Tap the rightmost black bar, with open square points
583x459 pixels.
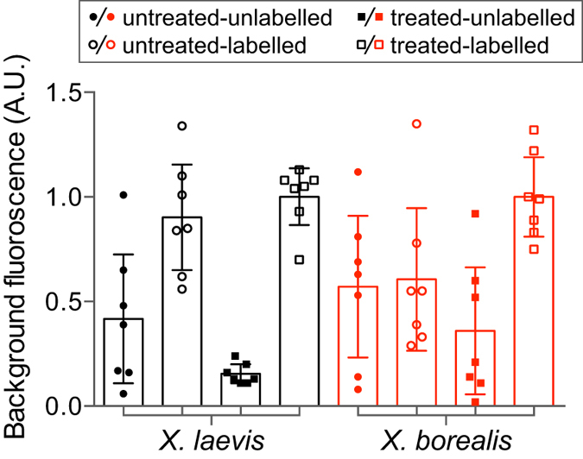click(x=300, y=301)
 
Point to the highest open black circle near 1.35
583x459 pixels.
click(x=181, y=126)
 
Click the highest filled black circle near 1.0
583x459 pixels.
click(x=124, y=195)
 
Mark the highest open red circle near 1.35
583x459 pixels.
click(x=415, y=123)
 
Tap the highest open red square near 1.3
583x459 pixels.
click(x=534, y=130)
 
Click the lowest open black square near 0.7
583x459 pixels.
click(x=300, y=259)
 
